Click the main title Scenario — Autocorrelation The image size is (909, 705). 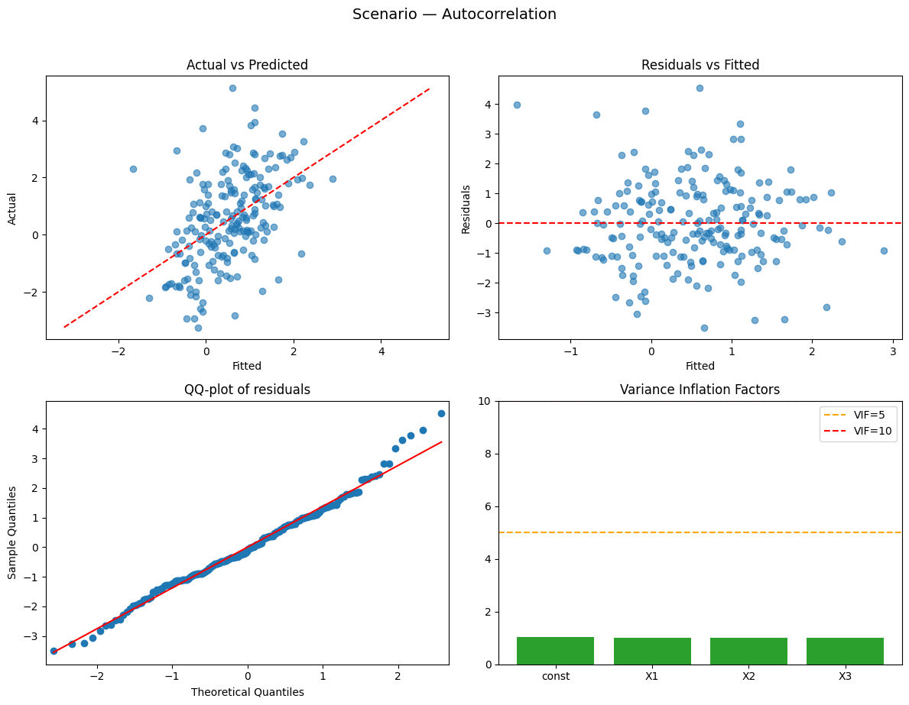click(454, 14)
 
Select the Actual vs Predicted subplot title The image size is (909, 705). click(247, 65)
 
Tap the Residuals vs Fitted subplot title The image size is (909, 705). click(700, 65)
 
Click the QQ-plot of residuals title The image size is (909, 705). click(247, 390)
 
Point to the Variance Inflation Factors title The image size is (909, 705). click(700, 390)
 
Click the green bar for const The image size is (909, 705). click(555, 651)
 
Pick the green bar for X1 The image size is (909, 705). click(652, 652)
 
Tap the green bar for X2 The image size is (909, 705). click(748, 652)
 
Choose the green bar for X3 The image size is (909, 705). click(845, 652)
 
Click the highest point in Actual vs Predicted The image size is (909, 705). click(232, 88)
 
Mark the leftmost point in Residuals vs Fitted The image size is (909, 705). click(517, 105)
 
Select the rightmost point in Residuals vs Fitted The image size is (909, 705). click(884, 251)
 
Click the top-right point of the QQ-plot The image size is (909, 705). click(441, 413)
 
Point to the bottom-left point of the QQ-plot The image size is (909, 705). click(54, 651)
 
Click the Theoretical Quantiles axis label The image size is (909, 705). click(247, 692)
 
